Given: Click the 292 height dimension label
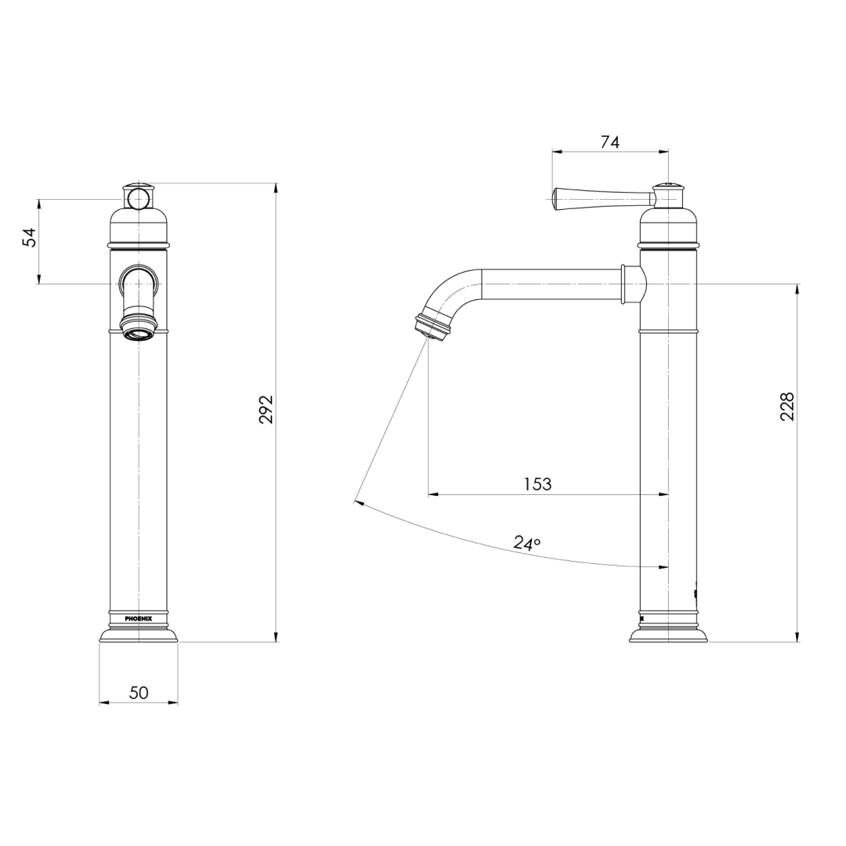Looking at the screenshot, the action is [x=266, y=410].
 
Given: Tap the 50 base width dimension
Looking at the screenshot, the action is [x=139, y=692].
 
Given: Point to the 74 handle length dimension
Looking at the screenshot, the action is [x=610, y=142].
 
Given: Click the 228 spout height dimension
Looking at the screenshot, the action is [x=788, y=407].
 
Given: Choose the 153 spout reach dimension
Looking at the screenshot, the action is [x=538, y=484].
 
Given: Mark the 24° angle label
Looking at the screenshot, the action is [x=526, y=544].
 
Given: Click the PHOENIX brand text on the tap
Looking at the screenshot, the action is [x=139, y=619].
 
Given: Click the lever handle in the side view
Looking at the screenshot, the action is [x=602, y=198].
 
